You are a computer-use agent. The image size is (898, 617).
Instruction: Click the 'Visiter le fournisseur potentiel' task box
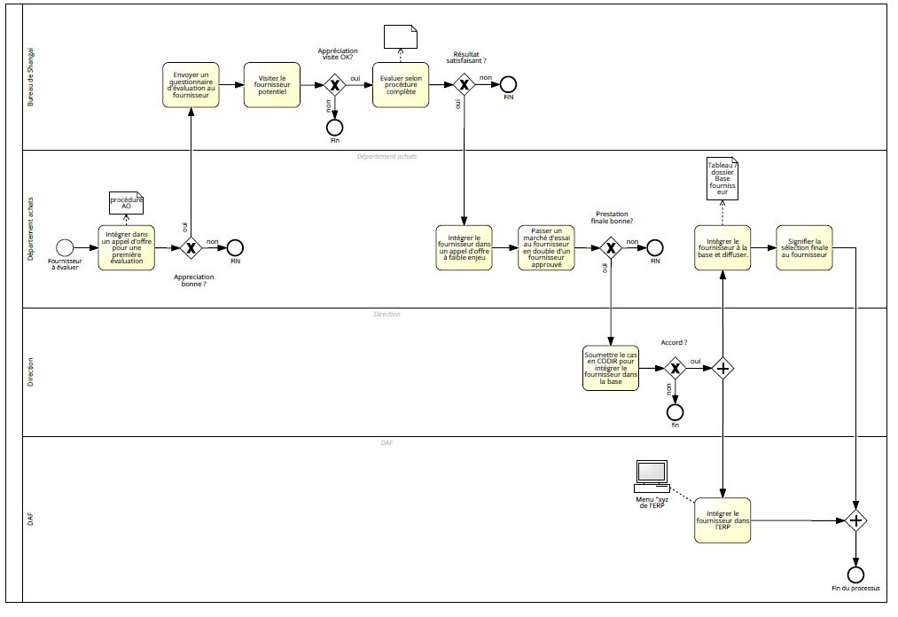point(272,85)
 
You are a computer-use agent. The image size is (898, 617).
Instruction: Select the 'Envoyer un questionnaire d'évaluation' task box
point(191,85)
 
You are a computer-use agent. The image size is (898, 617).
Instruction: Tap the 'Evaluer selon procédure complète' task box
point(400,85)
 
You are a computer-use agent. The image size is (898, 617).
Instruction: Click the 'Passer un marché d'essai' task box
point(547,247)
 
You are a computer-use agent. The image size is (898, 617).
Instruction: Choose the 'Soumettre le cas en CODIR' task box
point(610,368)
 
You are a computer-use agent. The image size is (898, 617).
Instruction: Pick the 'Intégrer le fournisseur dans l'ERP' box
point(723,520)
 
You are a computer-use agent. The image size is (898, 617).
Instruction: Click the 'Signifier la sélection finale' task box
point(804,247)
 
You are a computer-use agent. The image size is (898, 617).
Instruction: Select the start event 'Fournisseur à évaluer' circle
point(64,247)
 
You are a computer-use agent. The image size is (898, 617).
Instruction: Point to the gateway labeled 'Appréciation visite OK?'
point(335,85)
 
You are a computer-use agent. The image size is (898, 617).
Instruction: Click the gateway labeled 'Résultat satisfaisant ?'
point(464,85)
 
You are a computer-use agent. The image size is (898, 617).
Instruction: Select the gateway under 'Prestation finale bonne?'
point(611,247)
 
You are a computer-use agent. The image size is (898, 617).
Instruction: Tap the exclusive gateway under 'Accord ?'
point(675,368)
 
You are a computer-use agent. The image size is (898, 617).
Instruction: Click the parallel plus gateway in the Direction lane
point(723,368)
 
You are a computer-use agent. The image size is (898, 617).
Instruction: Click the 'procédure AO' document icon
point(126,203)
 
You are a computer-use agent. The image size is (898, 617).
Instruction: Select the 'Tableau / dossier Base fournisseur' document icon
point(722,180)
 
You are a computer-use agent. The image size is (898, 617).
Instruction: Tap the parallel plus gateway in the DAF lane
point(856,520)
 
